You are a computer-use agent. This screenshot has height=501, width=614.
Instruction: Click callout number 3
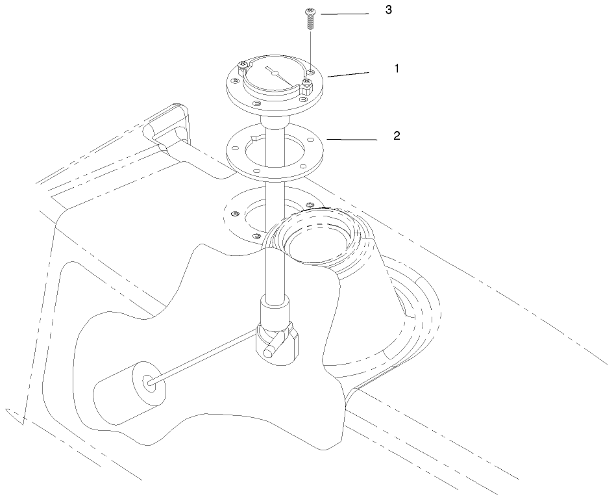tap(388, 10)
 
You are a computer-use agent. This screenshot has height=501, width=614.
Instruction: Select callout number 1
tap(397, 69)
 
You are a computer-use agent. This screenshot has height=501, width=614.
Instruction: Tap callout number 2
tap(397, 136)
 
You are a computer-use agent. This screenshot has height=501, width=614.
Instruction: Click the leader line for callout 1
tap(348, 75)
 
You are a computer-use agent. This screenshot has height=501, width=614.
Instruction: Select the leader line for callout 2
tap(352, 140)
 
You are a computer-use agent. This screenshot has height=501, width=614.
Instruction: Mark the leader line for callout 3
tap(345, 14)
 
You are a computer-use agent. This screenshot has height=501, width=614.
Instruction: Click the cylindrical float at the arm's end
tap(130, 392)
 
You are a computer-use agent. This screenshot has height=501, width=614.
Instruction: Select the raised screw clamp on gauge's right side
tap(306, 86)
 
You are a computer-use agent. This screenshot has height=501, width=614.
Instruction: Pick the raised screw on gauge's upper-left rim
tap(243, 66)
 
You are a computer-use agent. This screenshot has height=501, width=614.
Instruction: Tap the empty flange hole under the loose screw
tap(311, 71)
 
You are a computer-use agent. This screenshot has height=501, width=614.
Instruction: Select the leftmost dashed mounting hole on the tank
tap(236, 213)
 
